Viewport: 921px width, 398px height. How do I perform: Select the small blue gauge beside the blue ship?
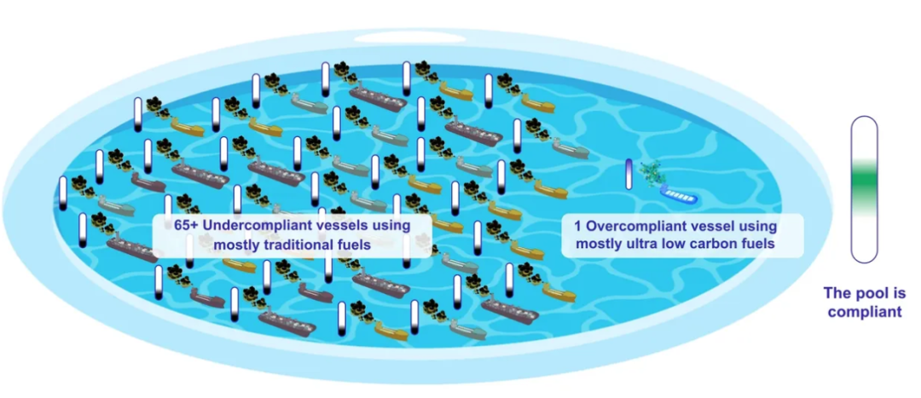coord(629,174)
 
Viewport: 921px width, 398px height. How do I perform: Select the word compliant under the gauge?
coord(864,312)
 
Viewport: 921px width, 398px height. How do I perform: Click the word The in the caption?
coord(837,293)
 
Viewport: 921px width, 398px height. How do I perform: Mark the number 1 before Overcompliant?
coord(567,226)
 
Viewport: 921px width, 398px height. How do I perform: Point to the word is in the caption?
coord(899,293)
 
